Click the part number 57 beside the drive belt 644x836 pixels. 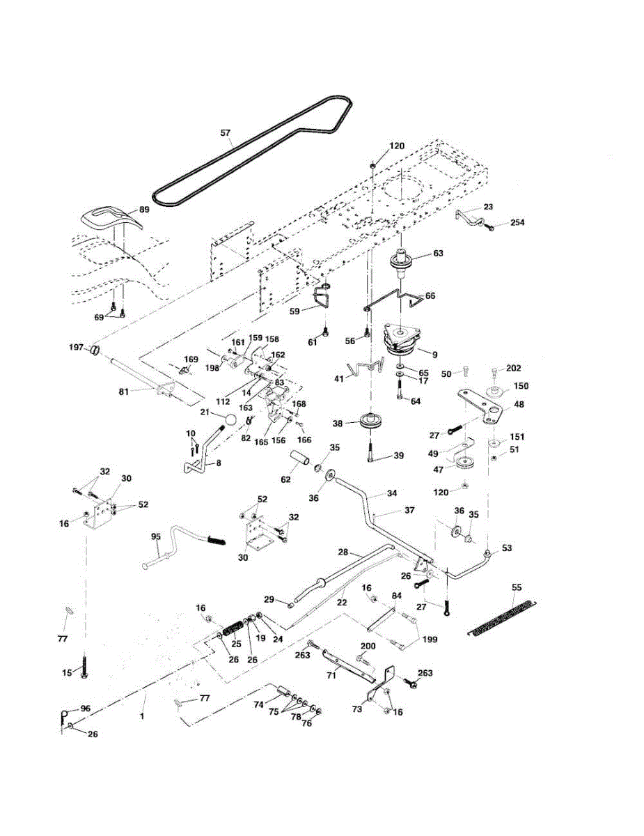coord(226,133)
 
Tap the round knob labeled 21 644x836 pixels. coord(230,419)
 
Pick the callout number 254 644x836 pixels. coord(517,222)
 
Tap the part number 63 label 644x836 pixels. coord(438,253)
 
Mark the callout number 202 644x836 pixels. coord(513,368)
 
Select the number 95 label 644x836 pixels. coord(156,536)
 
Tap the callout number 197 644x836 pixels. coord(76,347)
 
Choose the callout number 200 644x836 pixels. coord(368,646)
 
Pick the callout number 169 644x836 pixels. coord(191,359)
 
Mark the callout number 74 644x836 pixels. coord(259,704)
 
